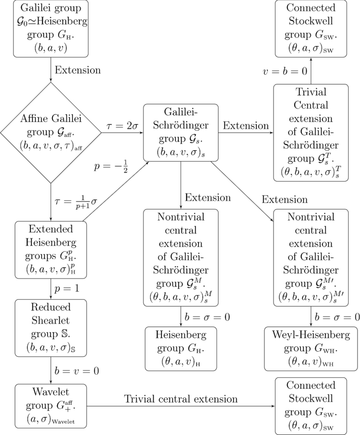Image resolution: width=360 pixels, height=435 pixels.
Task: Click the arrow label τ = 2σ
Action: click(x=122, y=126)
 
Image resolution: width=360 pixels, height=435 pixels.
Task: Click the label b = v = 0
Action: click(x=77, y=370)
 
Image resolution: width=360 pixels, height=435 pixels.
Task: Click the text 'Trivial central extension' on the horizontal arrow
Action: click(x=181, y=398)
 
